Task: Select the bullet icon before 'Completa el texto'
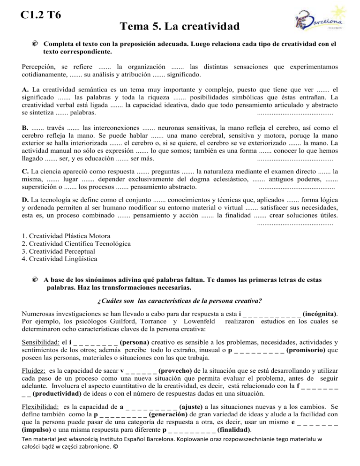(x=36, y=44)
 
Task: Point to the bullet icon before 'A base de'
(x=36, y=279)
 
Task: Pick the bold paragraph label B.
(x=25, y=127)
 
